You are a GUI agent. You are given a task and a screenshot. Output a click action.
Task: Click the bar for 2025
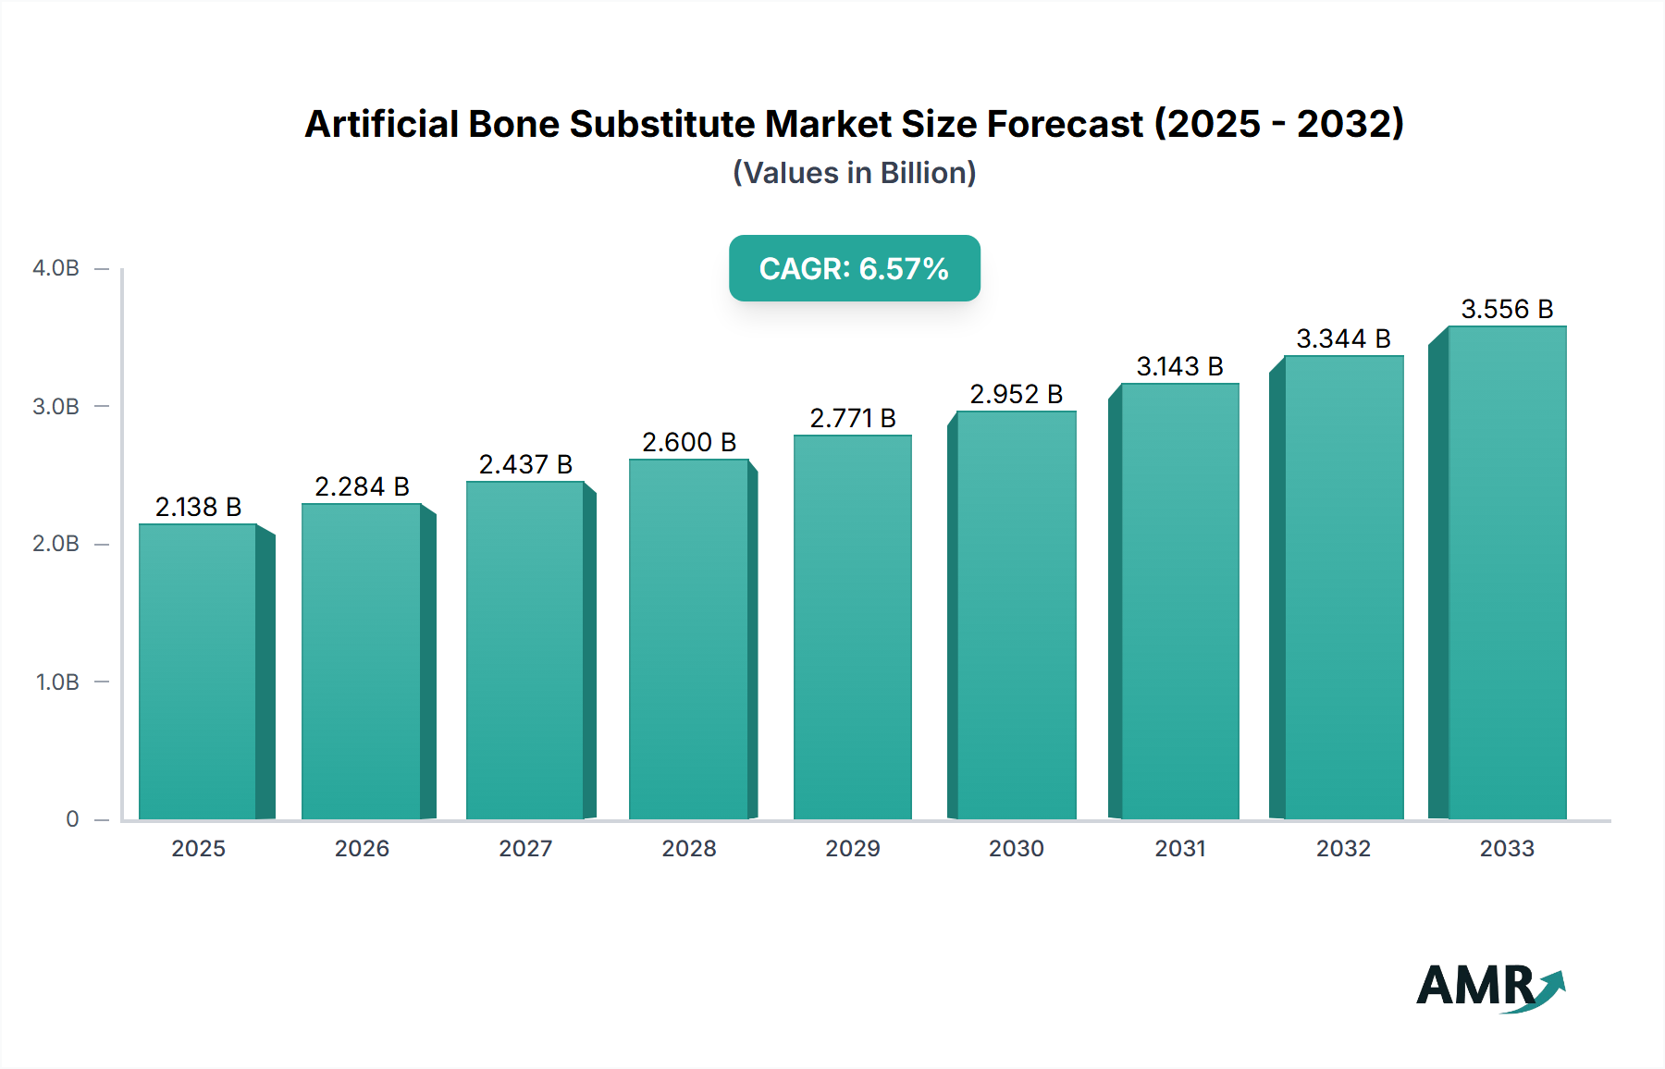pos(198,671)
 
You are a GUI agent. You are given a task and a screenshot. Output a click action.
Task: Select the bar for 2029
pos(852,627)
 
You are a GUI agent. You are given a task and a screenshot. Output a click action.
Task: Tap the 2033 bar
pos(1506,572)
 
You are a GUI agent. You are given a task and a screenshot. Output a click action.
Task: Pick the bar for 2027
pos(525,650)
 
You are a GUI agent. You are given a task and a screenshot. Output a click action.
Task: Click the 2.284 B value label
pos(362,486)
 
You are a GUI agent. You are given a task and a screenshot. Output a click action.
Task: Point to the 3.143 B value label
pos(1179,366)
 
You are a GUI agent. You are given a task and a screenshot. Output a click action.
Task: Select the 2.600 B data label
pos(689,442)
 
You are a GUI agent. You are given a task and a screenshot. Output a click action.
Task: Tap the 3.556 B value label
pos(1507,309)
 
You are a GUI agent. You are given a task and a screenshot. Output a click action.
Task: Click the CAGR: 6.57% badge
pos(854,268)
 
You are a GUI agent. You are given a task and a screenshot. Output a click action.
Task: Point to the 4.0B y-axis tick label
pos(55,268)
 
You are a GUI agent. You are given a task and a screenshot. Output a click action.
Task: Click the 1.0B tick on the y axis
pos(57,682)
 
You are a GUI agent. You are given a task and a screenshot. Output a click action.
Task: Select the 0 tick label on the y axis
pos(72,819)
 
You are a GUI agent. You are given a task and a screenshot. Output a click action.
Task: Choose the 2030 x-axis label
pos(1016,848)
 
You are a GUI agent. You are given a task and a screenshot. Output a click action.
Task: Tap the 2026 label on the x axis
pos(362,848)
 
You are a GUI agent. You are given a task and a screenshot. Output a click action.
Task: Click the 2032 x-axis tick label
pos(1343,848)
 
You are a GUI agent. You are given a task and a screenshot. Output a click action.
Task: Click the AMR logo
pos(1489,987)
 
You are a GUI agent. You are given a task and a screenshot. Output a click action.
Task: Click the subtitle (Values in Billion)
pos(854,173)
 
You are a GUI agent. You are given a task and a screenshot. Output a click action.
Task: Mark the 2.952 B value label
pos(1016,394)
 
